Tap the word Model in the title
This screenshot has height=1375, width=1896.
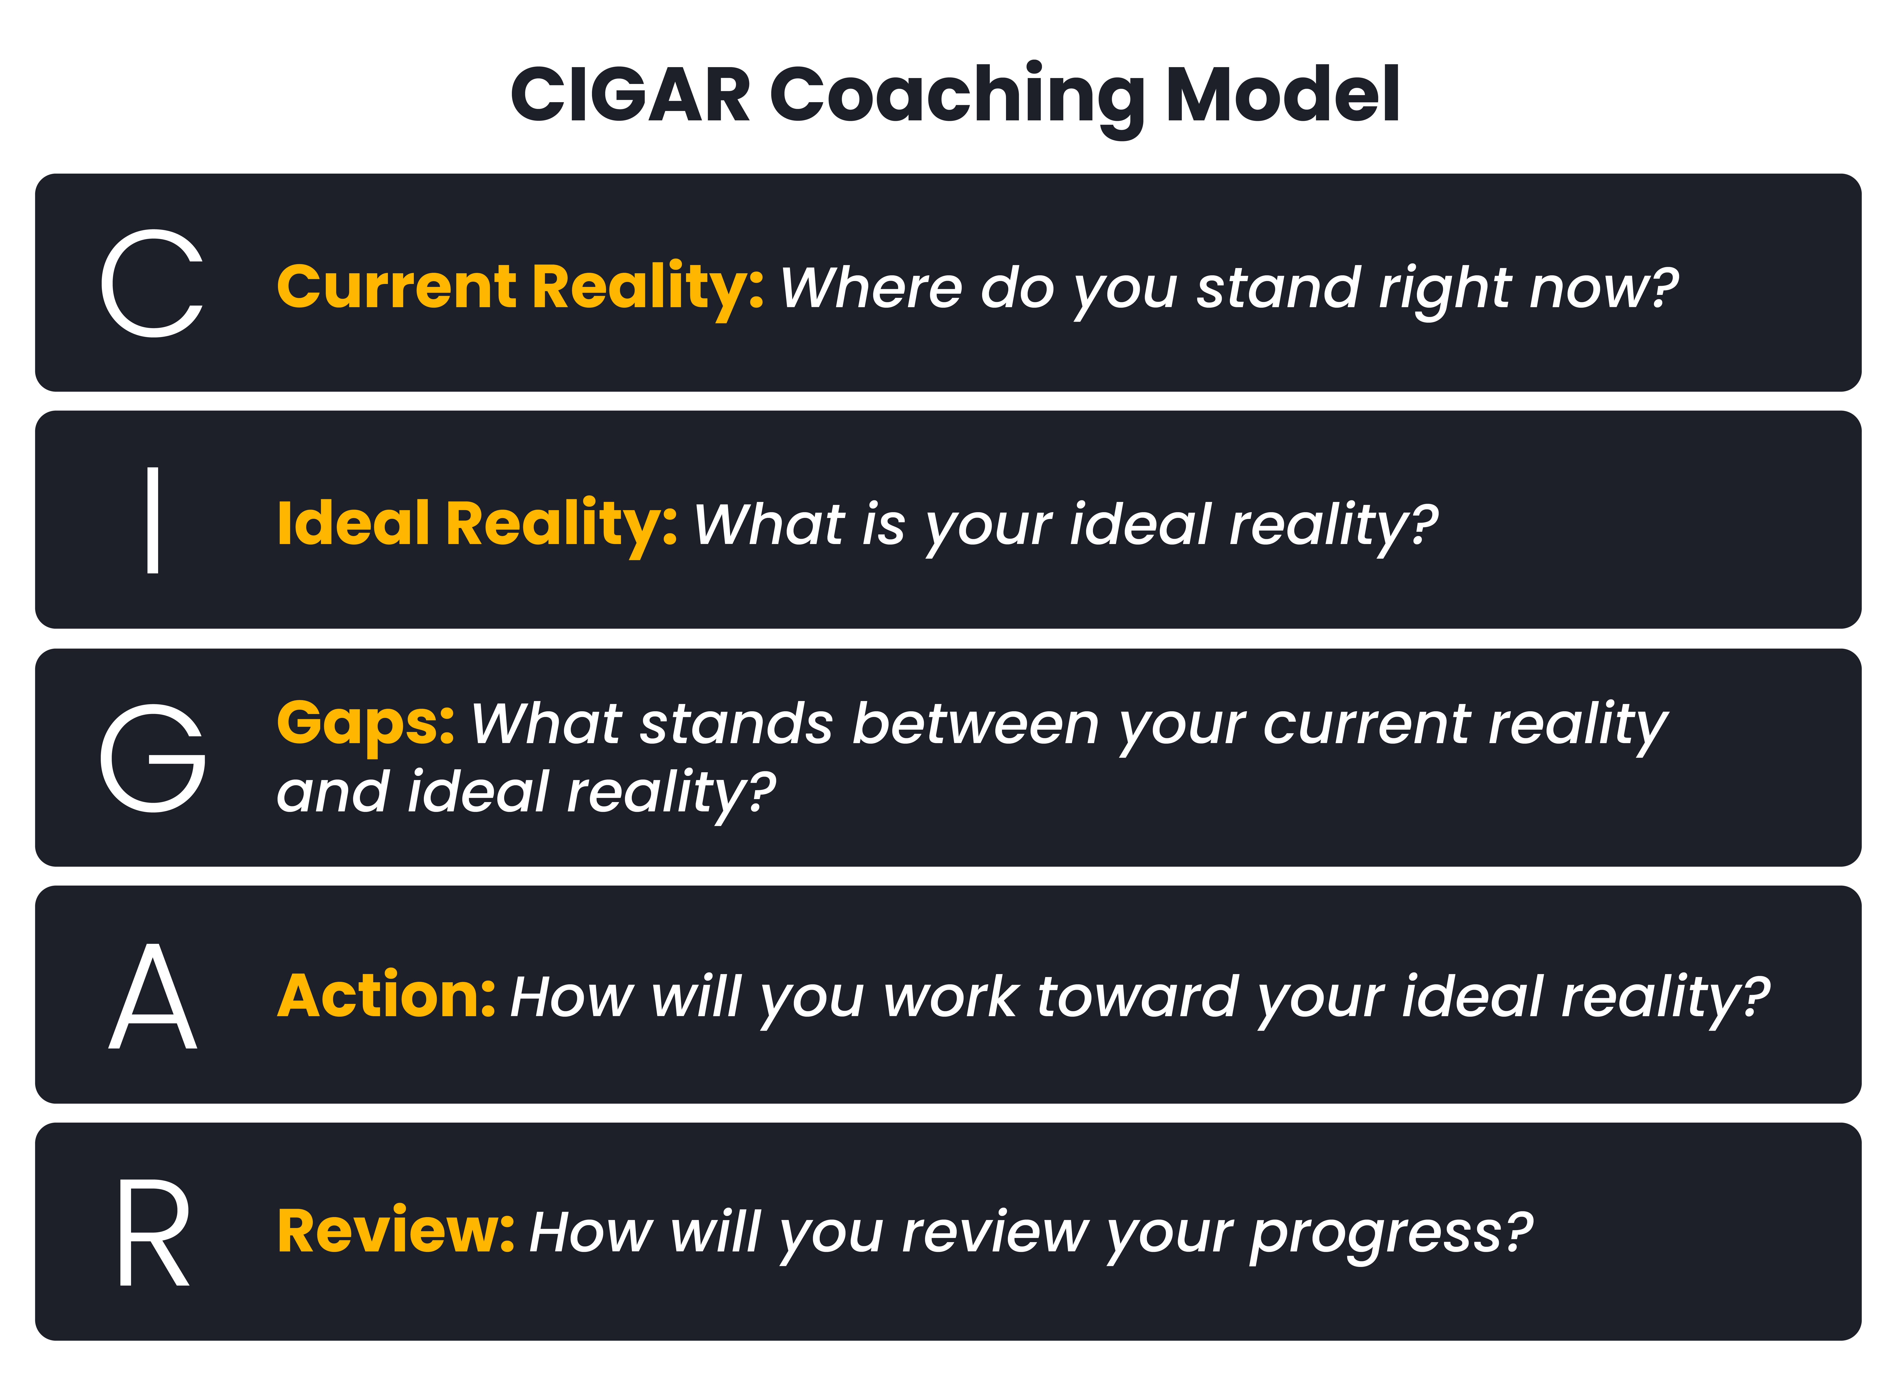(x=1282, y=94)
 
